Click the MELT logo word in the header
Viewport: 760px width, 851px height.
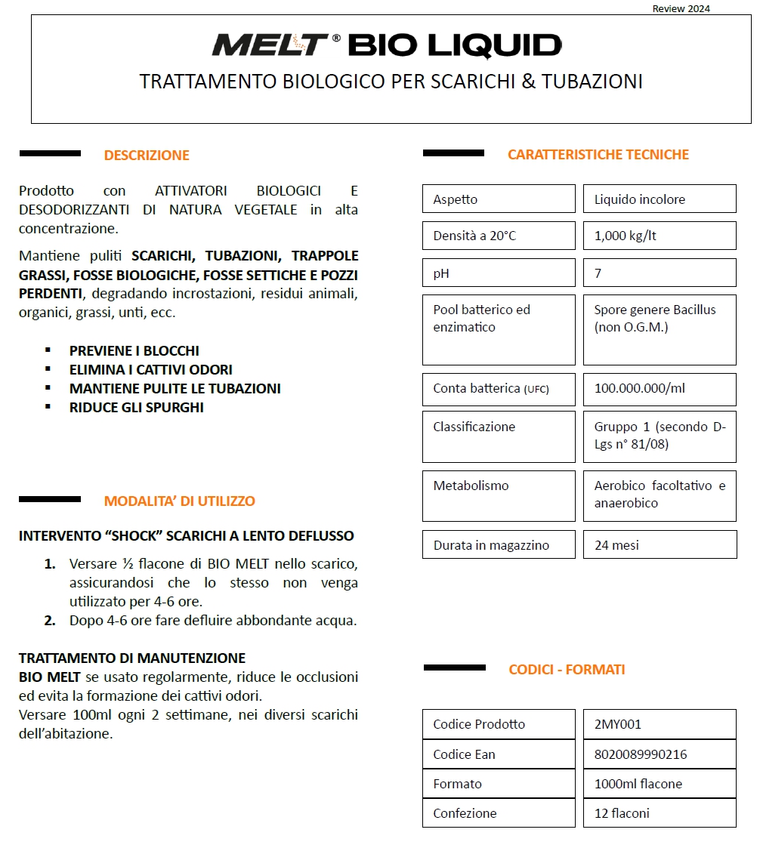click(x=270, y=45)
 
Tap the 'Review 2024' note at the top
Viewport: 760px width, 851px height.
click(x=681, y=9)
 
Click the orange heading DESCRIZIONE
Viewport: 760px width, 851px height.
click(x=147, y=156)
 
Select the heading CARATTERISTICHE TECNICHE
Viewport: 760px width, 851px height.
click(x=598, y=155)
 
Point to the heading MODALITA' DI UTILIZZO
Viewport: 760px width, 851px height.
click(x=180, y=501)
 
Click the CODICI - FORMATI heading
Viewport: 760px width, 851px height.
click(x=567, y=670)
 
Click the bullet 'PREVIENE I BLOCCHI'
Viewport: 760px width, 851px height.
click(x=134, y=351)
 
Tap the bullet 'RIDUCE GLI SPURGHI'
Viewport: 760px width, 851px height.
click(x=137, y=408)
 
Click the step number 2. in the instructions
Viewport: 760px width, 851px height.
click(x=50, y=621)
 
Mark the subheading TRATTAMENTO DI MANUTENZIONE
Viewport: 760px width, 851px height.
click(x=132, y=658)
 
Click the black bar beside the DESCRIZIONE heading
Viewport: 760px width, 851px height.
click(x=50, y=154)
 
